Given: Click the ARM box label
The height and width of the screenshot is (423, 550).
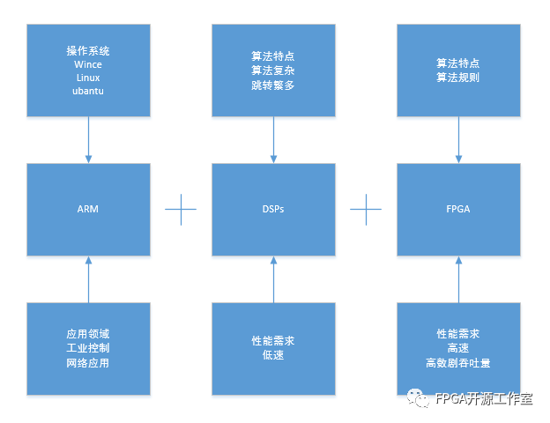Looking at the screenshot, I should click(88, 209).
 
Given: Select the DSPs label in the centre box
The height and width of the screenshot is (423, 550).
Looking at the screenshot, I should click(273, 209).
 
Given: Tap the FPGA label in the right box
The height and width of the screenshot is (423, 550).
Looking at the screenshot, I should click(458, 209).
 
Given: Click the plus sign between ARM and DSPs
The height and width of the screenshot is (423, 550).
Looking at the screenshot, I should click(181, 209).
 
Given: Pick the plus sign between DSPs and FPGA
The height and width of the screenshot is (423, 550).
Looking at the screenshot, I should click(366, 209).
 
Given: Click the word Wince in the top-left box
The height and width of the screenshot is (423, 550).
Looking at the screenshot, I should click(88, 64).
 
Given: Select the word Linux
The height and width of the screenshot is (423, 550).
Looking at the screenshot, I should click(88, 78).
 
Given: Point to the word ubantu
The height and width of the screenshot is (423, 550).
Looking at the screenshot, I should click(88, 91).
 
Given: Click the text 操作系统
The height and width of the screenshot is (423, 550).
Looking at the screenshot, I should click(88, 51).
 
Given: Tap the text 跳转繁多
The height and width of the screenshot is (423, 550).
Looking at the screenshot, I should click(273, 84).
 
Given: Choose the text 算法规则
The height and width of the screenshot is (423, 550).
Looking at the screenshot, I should click(458, 78).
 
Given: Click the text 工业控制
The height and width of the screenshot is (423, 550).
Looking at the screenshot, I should click(88, 348).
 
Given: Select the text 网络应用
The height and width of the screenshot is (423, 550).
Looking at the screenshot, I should click(88, 362).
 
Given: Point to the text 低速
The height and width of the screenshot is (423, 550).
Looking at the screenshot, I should click(273, 355).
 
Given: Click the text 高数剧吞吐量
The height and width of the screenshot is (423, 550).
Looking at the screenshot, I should click(458, 362).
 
